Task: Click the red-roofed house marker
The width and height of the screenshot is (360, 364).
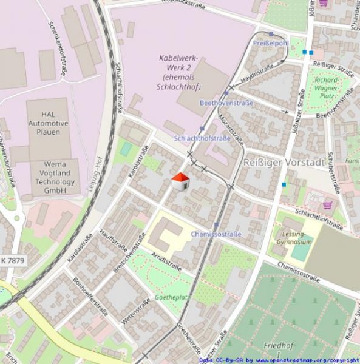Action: pos(180,181)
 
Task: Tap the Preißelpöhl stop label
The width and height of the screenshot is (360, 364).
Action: pos(270,44)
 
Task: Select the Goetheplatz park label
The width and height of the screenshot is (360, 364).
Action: pos(172,298)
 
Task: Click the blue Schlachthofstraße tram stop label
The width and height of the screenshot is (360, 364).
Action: pos(202,138)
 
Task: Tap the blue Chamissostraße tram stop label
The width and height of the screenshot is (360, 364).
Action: pos(216,234)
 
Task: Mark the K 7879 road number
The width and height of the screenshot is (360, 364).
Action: pos(12,260)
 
